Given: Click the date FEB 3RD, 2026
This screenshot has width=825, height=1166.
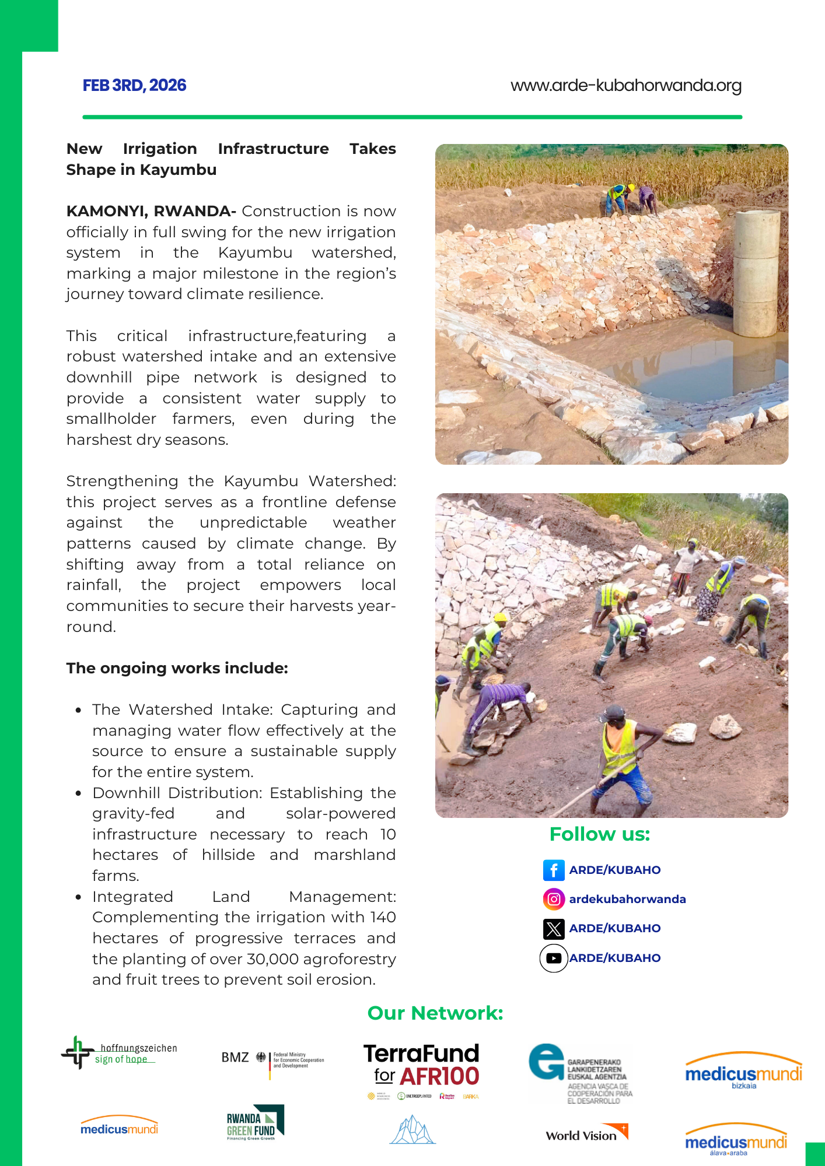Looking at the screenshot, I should click(x=134, y=86).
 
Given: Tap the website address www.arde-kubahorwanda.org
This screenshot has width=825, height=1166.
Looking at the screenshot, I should click(x=625, y=86).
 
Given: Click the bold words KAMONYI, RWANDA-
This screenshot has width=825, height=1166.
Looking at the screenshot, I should click(x=151, y=211).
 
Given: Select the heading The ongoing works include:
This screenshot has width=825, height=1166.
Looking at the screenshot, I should click(x=177, y=668).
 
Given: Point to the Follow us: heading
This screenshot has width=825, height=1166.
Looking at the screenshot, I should click(x=599, y=834).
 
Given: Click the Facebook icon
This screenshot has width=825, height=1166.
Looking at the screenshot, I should click(x=554, y=870).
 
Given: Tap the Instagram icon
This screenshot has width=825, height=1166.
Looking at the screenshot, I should click(x=554, y=899).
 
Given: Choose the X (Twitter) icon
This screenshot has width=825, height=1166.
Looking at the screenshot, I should click(x=554, y=929).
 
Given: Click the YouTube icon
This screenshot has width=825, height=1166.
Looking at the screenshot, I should click(x=554, y=958).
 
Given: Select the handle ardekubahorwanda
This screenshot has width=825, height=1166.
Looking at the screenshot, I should click(x=627, y=899).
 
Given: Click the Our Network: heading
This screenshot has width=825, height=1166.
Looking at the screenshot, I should click(x=435, y=1013).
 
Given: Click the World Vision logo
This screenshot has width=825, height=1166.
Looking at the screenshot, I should click(x=586, y=1133).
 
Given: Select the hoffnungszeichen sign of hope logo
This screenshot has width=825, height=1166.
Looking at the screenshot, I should click(x=119, y=1053).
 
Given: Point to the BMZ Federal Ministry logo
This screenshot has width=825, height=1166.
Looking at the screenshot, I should click(x=272, y=1059).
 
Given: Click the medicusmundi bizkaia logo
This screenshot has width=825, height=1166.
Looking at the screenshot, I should click(x=743, y=1072).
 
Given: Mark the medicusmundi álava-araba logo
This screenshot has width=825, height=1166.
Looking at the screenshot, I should click(x=736, y=1140).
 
